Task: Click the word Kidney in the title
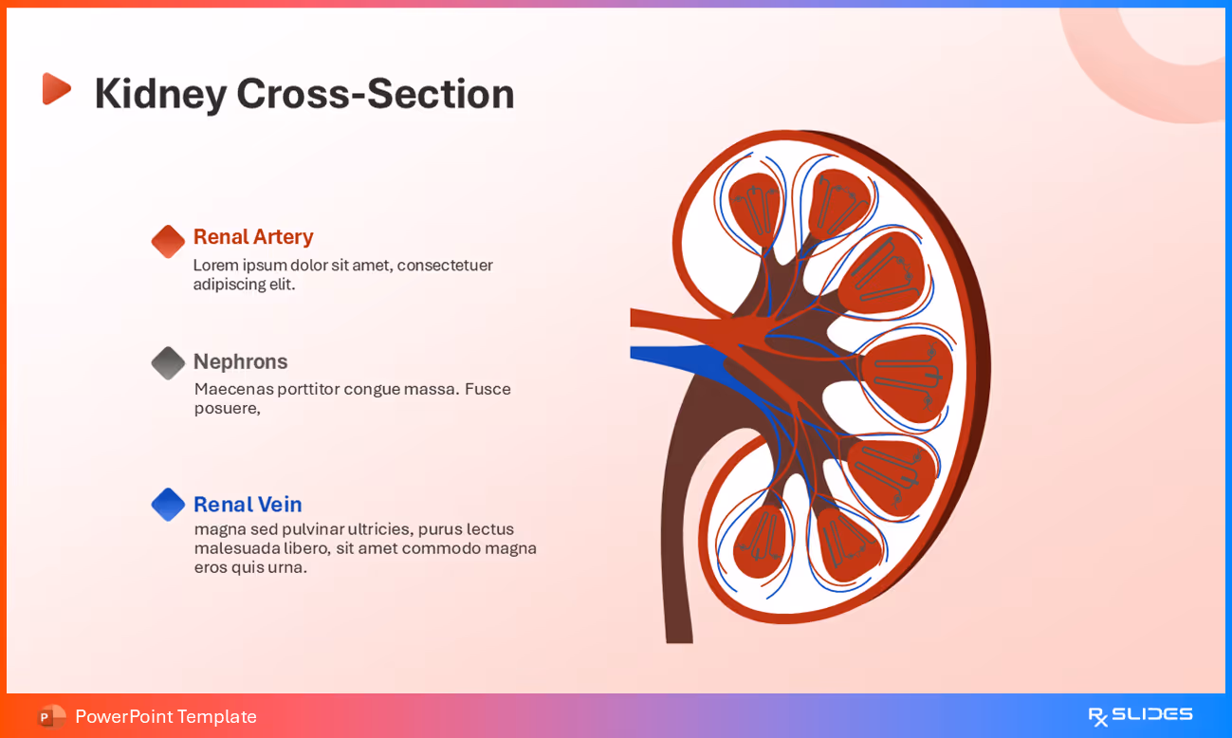click(x=160, y=94)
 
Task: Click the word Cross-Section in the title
click(x=375, y=94)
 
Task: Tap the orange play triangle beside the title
click(x=56, y=89)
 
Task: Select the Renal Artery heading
click(x=252, y=237)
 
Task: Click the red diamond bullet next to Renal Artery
click(x=168, y=242)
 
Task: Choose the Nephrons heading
click(x=240, y=361)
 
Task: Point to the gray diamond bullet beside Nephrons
click(x=168, y=363)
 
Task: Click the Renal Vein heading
click(x=247, y=505)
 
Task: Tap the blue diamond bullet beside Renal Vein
click(x=168, y=505)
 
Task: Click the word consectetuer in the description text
click(x=444, y=266)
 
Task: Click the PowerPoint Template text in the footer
click(x=166, y=716)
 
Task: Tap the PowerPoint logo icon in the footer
click(x=51, y=716)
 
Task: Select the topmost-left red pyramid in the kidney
click(x=755, y=204)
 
